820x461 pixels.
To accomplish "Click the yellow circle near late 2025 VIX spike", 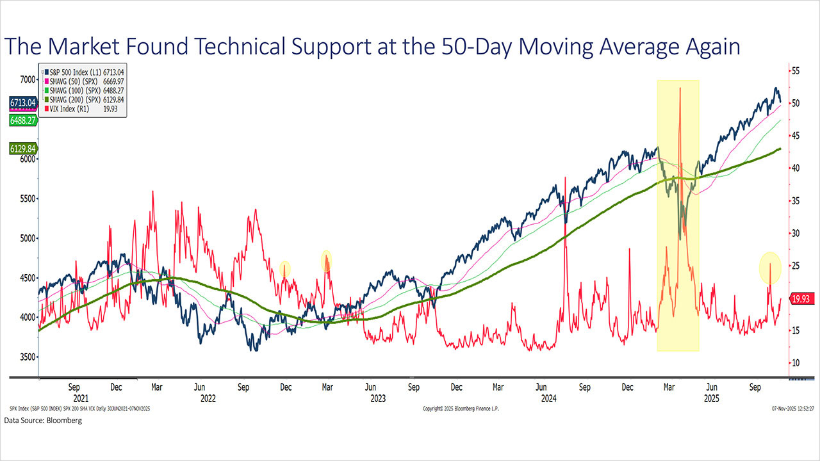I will point(770,268).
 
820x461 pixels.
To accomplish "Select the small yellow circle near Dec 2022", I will point(284,268).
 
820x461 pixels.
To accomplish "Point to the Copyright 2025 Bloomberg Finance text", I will point(463,408).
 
